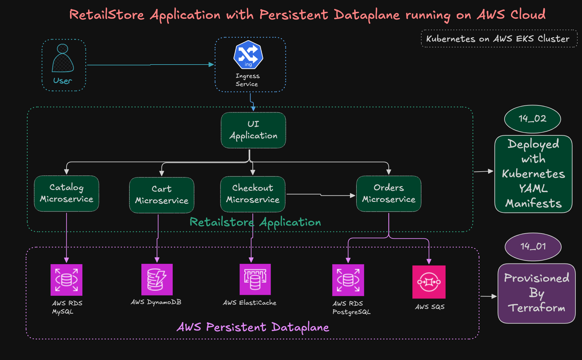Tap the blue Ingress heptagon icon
coord(248,55)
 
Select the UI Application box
coord(253,130)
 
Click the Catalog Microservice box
coord(67,193)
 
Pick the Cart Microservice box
coord(161,195)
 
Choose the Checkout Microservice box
coord(252,194)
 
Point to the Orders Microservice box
coord(389,193)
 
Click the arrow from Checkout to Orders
coord(320,195)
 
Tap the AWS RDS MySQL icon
coord(67,280)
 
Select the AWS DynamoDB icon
coord(157,279)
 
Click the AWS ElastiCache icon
coord(255,279)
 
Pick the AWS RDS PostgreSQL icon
coord(348,280)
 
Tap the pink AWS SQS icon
coord(429,282)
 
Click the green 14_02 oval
coord(532,119)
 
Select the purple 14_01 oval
coord(533,246)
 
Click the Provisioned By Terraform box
coord(536,293)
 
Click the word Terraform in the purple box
coord(536,308)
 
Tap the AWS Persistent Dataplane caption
coord(253,327)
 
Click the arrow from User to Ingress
coord(150,65)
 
